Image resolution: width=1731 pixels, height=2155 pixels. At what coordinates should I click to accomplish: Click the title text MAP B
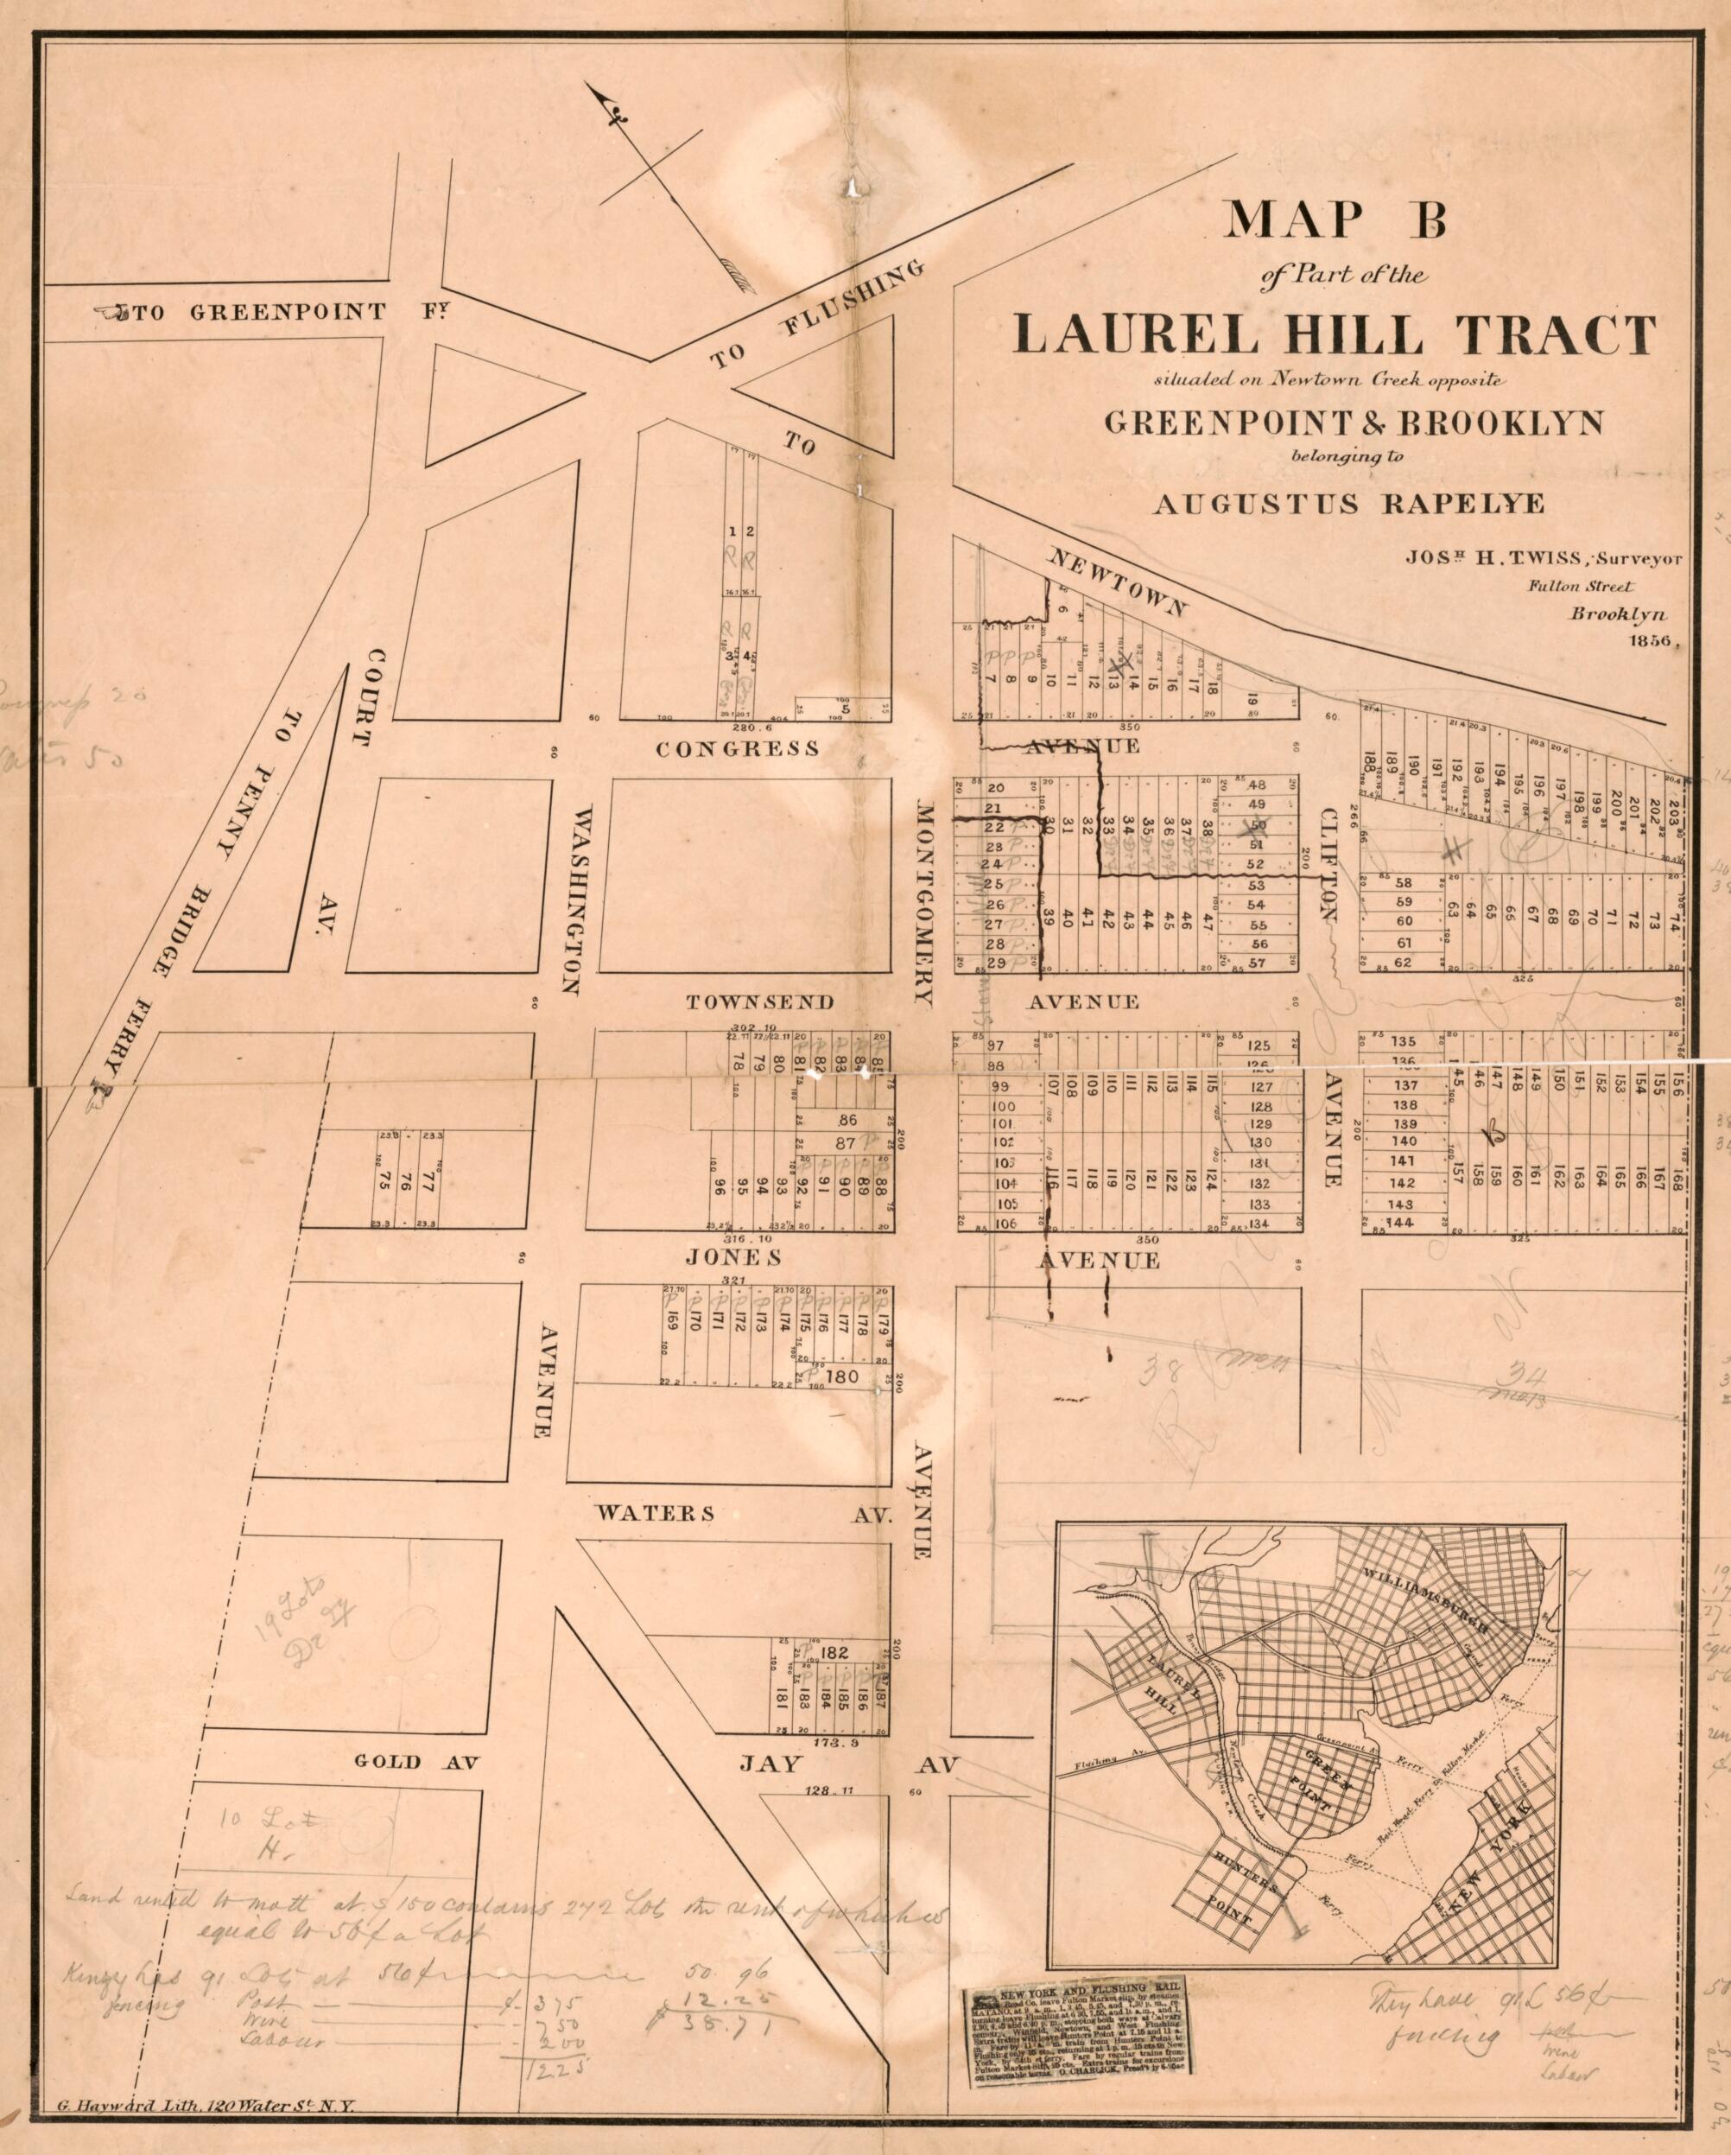click(1336, 219)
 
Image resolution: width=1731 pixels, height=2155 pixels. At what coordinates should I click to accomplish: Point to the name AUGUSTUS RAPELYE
click(1348, 503)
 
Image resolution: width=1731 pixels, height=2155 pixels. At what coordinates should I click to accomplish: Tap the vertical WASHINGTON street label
click(573, 900)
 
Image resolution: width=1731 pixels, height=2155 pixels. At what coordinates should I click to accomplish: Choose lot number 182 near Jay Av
click(834, 1652)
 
